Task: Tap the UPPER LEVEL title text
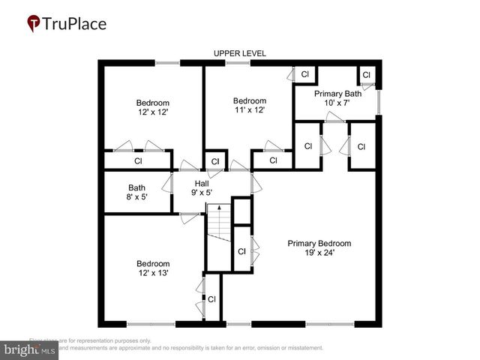click(x=239, y=53)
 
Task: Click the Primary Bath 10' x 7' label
click(x=337, y=98)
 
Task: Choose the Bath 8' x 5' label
click(x=136, y=193)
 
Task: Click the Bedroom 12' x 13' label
click(x=153, y=268)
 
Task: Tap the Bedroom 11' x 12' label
click(x=249, y=106)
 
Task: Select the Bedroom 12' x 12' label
click(x=153, y=107)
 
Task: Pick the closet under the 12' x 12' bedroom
click(x=138, y=160)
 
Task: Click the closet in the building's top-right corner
click(x=366, y=75)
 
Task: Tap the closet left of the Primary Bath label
click(x=304, y=74)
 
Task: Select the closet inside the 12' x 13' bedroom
click(x=211, y=298)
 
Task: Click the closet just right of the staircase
click(x=241, y=252)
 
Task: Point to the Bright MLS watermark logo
click(x=30, y=349)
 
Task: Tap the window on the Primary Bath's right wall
click(x=378, y=102)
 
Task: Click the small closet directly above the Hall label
click(x=215, y=160)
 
